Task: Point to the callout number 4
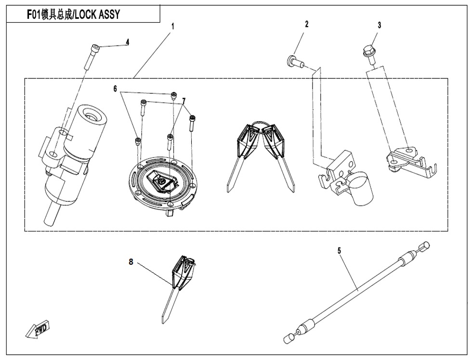(x=128, y=42)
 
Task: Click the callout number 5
(x=339, y=250)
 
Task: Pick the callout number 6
(x=115, y=89)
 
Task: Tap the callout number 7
(x=184, y=100)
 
